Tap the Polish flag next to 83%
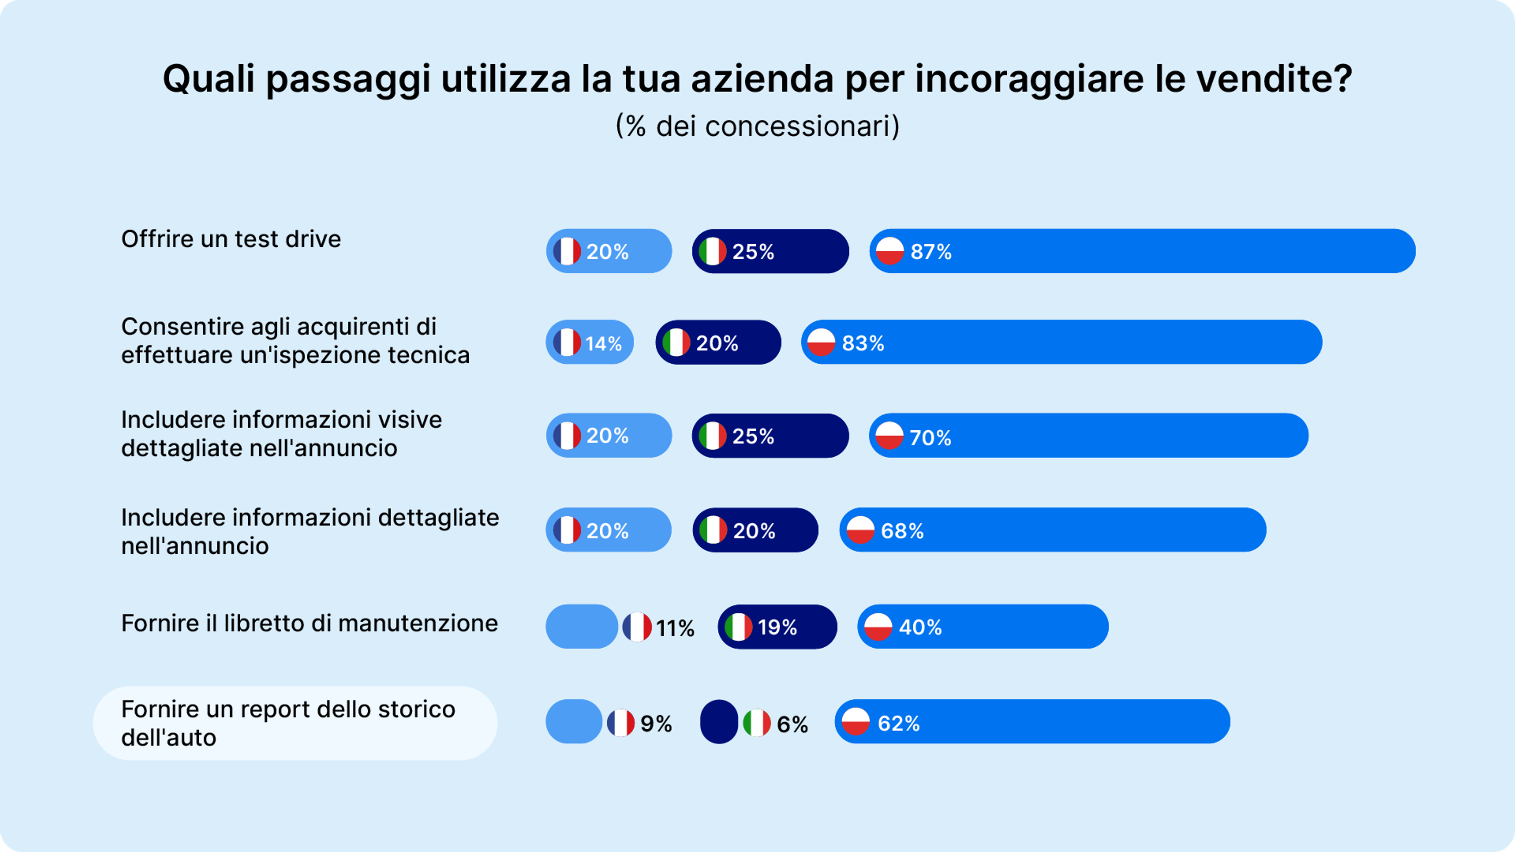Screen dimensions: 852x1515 pyautogui.click(x=821, y=342)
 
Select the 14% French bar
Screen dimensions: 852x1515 pyautogui.click(x=590, y=342)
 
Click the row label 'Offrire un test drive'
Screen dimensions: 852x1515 pyautogui.click(x=230, y=239)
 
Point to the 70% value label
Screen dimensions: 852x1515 pyautogui.click(x=930, y=437)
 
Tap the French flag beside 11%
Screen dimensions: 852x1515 pyautogui.click(x=637, y=627)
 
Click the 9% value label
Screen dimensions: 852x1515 pyautogui.click(x=656, y=724)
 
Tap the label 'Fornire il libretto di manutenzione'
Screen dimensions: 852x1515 pyautogui.click(x=309, y=623)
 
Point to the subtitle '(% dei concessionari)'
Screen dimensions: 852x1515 pyautogui.click(x=757, y=126)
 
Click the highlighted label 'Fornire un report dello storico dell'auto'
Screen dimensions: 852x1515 pyautogui.click(x=288, y=723)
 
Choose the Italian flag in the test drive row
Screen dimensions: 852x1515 pyautogui.click(x=712, y=251)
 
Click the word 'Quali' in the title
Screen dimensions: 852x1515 pyautogui.click(x=209, y=79)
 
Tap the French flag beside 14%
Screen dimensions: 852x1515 pyautogui.click(x=567, y=342)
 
